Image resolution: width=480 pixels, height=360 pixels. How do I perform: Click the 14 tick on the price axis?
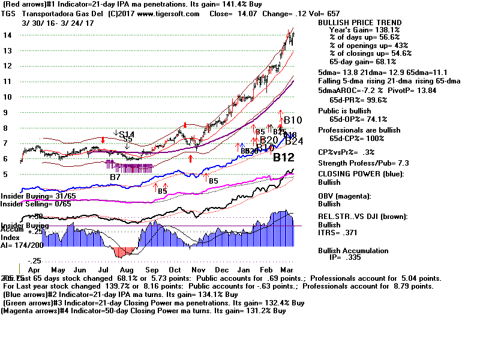pyautogui.click(x=7, y=35)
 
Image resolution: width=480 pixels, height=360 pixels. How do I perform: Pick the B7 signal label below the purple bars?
pyautogui.click(x=115, y=177)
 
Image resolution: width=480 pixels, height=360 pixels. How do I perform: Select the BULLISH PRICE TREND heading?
pyautogui.click(x=360, y=23)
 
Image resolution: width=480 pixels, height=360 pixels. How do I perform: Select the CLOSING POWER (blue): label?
pyautogui.click(x=361, y=174)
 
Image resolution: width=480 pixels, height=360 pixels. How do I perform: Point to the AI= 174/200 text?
pyautogui.click(x=23, y=245)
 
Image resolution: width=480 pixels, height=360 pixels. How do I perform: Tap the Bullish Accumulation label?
pyautogui.click(x=353, y=251)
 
